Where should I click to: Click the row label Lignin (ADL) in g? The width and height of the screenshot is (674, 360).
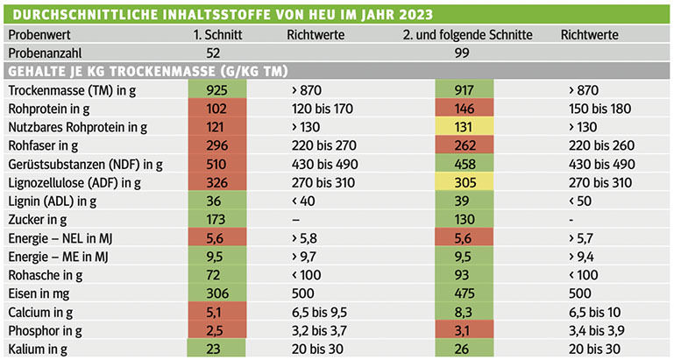pyautogui.click(x=53, y=201)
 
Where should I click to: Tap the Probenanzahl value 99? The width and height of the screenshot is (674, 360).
pyautogui.click(x=464, y=53)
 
